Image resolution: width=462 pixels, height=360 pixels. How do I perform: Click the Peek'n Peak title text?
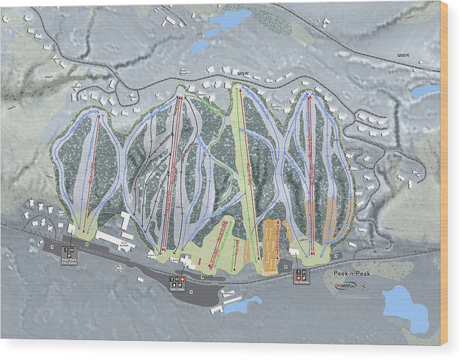click(350, 273)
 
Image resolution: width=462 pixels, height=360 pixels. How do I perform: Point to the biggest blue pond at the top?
click(231, 18)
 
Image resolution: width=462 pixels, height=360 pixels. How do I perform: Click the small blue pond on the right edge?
click(425, 92)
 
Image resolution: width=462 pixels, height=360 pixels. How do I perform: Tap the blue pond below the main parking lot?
click(245, 304)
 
